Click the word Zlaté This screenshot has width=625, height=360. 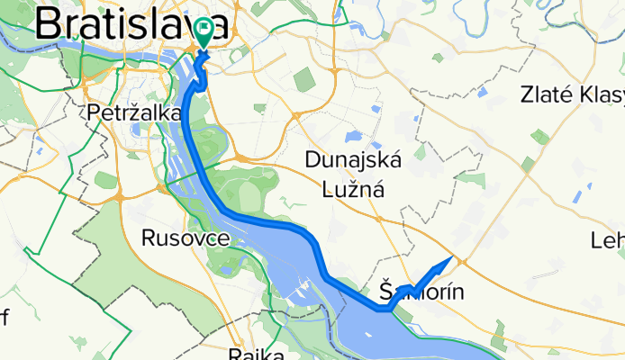click(x=549, y=94)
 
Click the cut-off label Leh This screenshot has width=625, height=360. click(x=607, y=240)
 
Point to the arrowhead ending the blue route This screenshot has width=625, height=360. click(x=446, y=262)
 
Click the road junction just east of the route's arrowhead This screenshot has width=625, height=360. click(x=460, y=261)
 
